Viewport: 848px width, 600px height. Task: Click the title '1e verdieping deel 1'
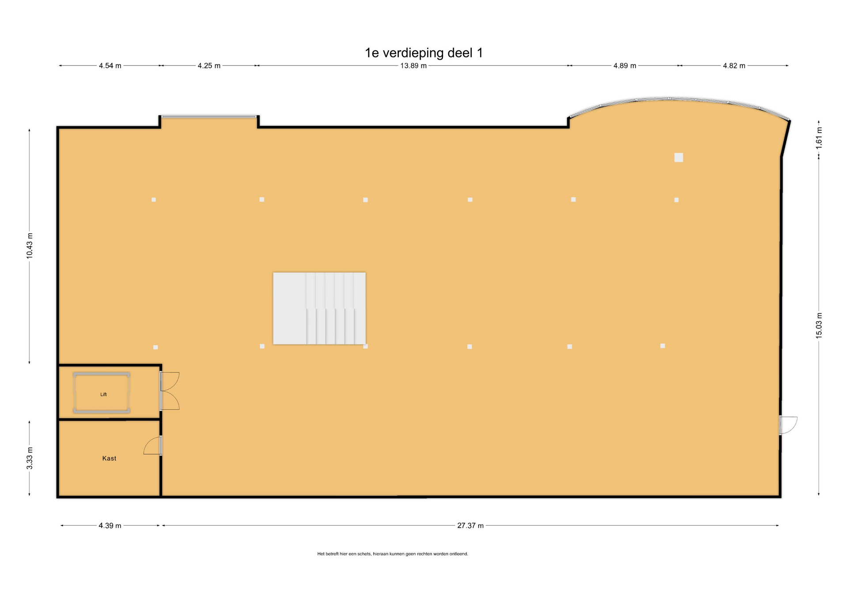pyautogui.click(x=424, y=53)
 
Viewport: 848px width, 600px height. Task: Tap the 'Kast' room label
pyautogui.click(x=109, y=458)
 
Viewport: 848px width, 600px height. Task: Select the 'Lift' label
pyautogui.click(x=103, y=395)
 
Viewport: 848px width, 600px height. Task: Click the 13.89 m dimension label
pyautogui.click(x=413, y=66)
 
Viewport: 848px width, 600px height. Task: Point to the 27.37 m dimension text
pyautogui.click(x=470, y=526)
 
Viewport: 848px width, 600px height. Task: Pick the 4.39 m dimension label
pyautogui.click(x=110, y=526)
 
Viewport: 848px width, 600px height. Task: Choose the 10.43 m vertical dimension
pyautogui.click(x=30, y=246)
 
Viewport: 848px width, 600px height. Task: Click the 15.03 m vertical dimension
pyautogui.click(x=819, y=326)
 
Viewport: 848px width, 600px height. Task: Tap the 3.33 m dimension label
pyautogui.click(x=30, y=458)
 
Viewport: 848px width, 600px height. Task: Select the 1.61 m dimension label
pyautogui.click(x=819, y=137)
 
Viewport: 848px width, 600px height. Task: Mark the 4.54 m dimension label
pyautogui.click(x=110, y=66)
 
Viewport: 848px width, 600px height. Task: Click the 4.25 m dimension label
pyautogui.click(x=209, y=66)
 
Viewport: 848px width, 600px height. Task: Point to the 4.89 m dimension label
pyautogui.click(x=625, y=66)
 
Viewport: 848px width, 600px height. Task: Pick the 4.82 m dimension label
pyautogui.click(x=734, y=66)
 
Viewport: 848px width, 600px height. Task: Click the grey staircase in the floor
pyautogui.click(x=319, y=308)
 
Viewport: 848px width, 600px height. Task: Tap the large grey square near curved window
pyautogui.click(x=679, y=157)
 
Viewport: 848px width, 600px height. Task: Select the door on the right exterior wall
pyautogui.click(x=788, y=425)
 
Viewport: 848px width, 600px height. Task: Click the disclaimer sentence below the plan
pyautogui.click(x=393, y=554)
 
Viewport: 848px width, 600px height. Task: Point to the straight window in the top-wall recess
pyautogui.click(x=209, y=117)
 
